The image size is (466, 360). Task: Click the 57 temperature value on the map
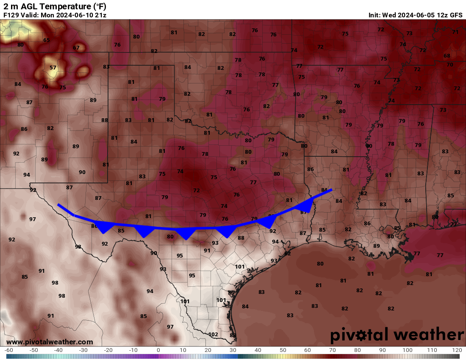pyautogui.click(x=53, y=68)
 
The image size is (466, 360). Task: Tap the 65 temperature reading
pyautogui.click(x=46, y=40)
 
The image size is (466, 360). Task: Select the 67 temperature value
pyautogui.click(x=76, y=48)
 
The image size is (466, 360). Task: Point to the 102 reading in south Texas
pyautogui.click(x=214, y=334)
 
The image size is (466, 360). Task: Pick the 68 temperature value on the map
pyautogui.click(x=447, y=56)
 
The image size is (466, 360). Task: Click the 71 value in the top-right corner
pyautogui.click(x=455, y=32)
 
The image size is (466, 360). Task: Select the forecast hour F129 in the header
pyautogui.click(x=11, y=15)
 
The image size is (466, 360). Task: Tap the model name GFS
pyautogui.click(x=456, y=15)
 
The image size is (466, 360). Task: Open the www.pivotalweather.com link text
pyautogui.click(x=50, y=342)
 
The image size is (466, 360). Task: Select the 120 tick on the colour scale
pyautogui.click(x=457, y=350)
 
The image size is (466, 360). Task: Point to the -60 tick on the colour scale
pyautogui.click(x=8, y=350)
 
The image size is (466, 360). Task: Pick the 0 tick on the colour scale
pyautogui.click(x=158, y=350)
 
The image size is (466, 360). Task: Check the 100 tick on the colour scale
pyautogui.click(x=407, y=350)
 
